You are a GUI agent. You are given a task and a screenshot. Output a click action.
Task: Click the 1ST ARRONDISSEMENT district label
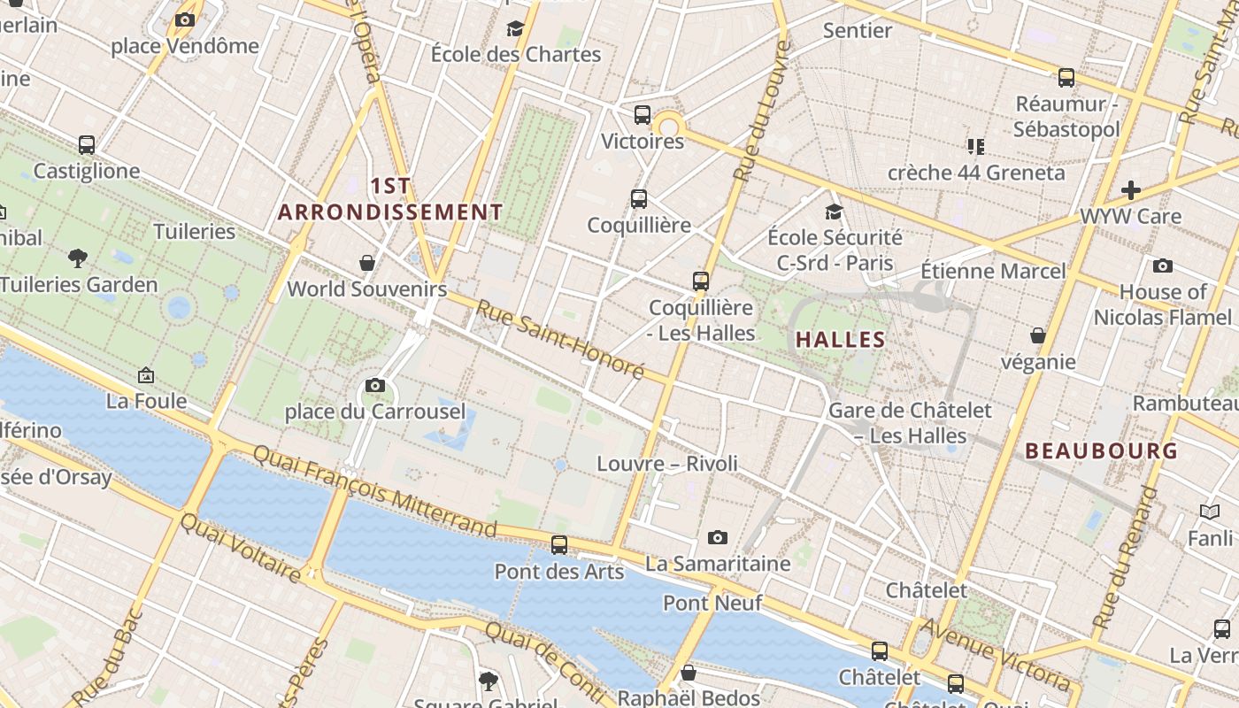390,199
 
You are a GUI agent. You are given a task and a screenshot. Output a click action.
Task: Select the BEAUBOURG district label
1101,450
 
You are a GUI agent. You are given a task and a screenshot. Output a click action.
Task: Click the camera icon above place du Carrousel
375,386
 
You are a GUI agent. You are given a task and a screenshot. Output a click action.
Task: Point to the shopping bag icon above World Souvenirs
367,263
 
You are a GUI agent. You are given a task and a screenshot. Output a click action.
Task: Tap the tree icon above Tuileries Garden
78,258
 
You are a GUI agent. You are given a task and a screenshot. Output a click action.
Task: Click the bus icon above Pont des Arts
559,545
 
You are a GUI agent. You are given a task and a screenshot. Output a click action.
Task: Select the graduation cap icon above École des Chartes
515,29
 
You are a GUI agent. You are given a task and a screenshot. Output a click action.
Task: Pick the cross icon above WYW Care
1130,189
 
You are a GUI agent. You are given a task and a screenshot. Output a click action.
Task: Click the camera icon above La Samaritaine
718,537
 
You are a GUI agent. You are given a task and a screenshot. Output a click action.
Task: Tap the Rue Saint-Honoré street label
560,339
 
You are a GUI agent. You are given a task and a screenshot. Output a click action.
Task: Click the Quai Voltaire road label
240,548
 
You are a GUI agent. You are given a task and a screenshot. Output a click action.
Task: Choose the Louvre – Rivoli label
666,464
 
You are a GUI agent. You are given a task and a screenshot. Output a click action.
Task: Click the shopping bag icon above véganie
1038,335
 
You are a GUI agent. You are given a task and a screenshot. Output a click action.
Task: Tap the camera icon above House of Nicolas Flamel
1163,265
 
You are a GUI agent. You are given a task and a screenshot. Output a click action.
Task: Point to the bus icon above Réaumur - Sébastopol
1066,78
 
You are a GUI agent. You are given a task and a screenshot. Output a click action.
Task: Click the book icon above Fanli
1210,512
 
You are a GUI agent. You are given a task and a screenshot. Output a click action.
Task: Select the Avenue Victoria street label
997,656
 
